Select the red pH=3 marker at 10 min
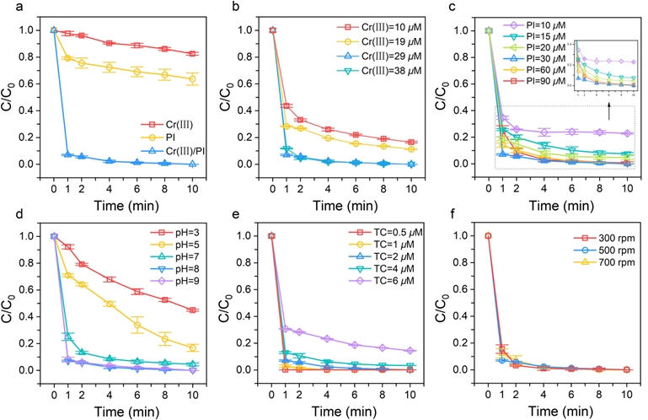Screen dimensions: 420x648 click(x=193, y=310)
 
